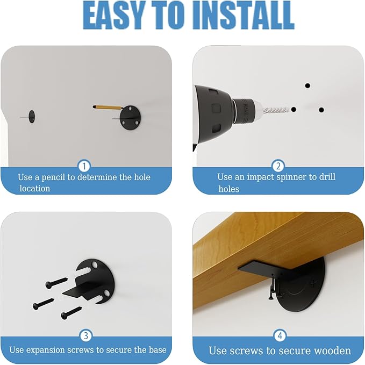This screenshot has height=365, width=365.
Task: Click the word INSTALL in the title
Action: (244, 16)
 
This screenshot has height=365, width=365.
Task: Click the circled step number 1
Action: (84, 166)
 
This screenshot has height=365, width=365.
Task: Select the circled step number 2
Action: (278, 166)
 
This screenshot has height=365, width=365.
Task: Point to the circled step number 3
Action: (86, 335)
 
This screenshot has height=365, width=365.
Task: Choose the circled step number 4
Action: (280, 335)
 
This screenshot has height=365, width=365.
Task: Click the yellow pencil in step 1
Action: (108, 108)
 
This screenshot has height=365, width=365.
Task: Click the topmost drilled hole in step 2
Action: (307, 85)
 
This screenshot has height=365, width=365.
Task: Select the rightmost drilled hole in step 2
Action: (321, 110)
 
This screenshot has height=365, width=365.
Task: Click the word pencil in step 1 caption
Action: (53, 177)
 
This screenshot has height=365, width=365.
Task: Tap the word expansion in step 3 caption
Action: (45, 350)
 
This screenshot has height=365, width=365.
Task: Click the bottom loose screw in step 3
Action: (71, 313)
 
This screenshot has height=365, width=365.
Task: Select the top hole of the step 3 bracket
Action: (94, 264)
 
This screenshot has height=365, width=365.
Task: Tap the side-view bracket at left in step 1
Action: (31, 117)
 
